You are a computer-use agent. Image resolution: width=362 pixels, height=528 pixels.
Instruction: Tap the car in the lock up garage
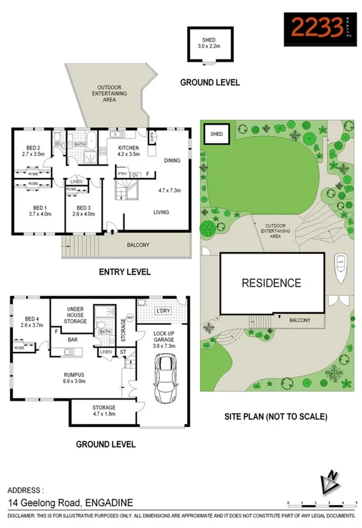(x=166, y=378)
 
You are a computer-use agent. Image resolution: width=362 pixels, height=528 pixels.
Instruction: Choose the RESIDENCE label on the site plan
(x=271, y=283)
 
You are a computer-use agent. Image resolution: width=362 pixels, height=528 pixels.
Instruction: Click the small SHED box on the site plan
(x=217, y=134)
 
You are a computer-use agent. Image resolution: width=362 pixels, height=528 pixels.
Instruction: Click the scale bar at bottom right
(x=321, y=502)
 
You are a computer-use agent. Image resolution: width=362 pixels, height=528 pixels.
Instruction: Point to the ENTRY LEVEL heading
(x=125, y=272)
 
